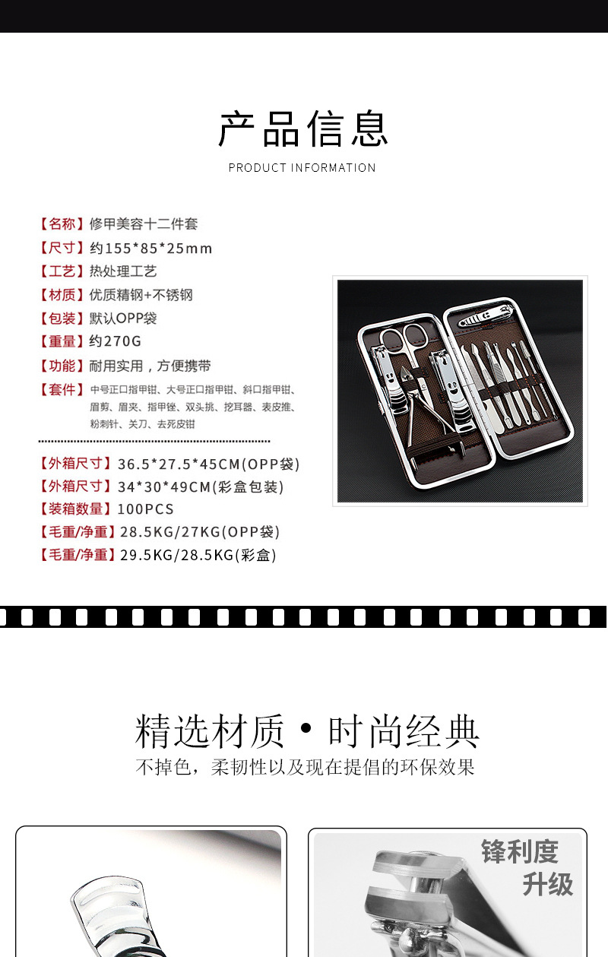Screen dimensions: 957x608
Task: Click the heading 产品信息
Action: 303,128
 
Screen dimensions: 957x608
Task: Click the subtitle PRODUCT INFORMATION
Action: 302,168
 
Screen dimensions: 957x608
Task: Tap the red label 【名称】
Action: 61,224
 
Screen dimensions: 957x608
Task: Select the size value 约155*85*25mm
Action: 150,249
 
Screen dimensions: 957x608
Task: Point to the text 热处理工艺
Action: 123,271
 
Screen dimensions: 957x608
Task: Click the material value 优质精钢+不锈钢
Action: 141,295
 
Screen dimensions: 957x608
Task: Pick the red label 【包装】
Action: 61,318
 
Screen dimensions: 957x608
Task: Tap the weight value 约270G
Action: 116,341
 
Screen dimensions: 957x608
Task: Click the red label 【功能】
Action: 61,366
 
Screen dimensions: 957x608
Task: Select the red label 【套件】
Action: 61,390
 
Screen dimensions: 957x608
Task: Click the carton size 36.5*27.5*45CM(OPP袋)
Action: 209,464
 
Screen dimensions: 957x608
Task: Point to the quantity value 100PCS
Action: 145,509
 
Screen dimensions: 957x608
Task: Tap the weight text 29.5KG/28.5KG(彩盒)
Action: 198,556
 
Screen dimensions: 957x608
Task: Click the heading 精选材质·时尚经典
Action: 307,731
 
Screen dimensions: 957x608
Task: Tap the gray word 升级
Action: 547,885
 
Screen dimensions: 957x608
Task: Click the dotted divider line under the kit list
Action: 154,441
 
